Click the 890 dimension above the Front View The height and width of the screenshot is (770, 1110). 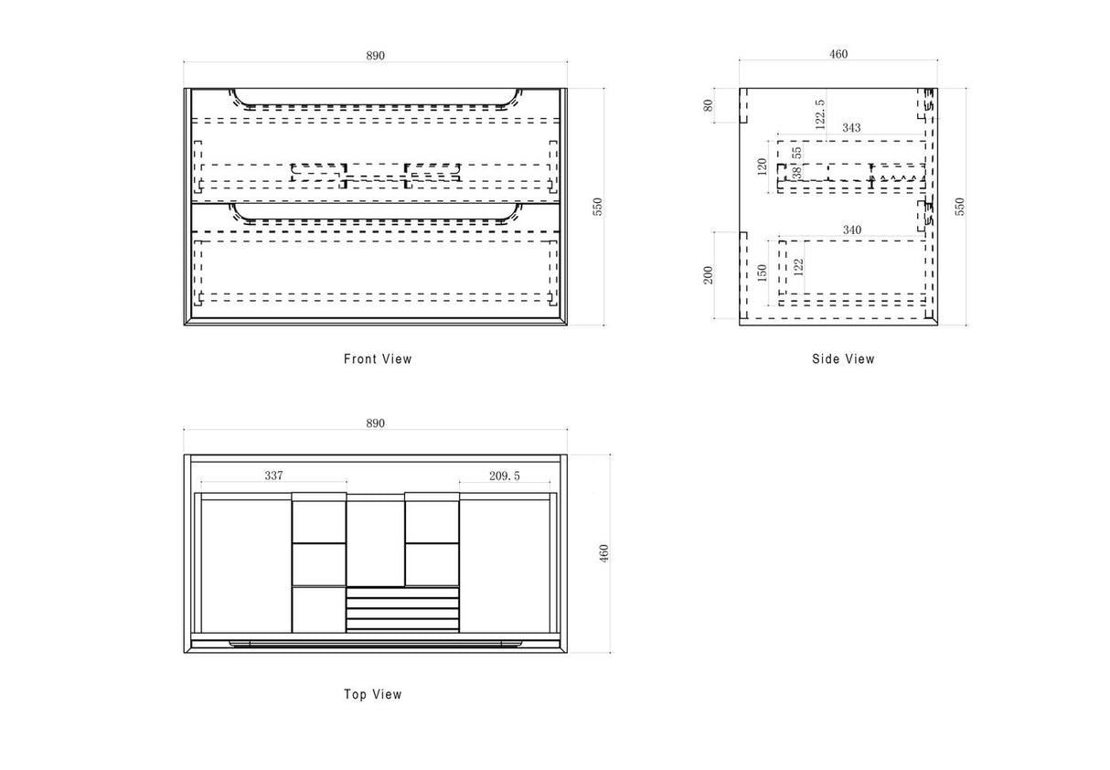(375, 56)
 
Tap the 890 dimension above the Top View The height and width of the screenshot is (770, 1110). (375, 423)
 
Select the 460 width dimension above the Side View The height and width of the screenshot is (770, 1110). (838, 54)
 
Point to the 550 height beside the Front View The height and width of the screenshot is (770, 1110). (598, 206)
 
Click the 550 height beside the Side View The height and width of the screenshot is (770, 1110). (960, 206)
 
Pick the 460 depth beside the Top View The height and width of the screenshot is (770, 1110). (603, 553)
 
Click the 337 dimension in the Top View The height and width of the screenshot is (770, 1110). (273, 476)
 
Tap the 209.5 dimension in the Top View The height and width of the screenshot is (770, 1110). (505, 476)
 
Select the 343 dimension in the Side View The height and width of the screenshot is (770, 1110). (851, 128)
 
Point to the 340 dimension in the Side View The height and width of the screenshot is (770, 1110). (852, 230)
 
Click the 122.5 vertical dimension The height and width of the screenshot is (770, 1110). (820, 114)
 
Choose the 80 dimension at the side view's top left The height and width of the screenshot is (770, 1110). (708, 105)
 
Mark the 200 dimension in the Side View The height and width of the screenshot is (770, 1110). (708, 275)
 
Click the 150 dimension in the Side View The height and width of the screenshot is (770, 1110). (763, 273)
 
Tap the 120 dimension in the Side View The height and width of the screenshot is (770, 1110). (763, 166)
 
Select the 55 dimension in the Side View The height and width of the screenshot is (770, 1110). (796, 152)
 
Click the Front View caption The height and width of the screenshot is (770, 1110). (378, 358)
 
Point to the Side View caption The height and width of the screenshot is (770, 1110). (843, 358)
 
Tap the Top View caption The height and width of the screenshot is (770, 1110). (373, 694)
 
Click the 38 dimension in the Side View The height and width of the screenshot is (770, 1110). (796, 173)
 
